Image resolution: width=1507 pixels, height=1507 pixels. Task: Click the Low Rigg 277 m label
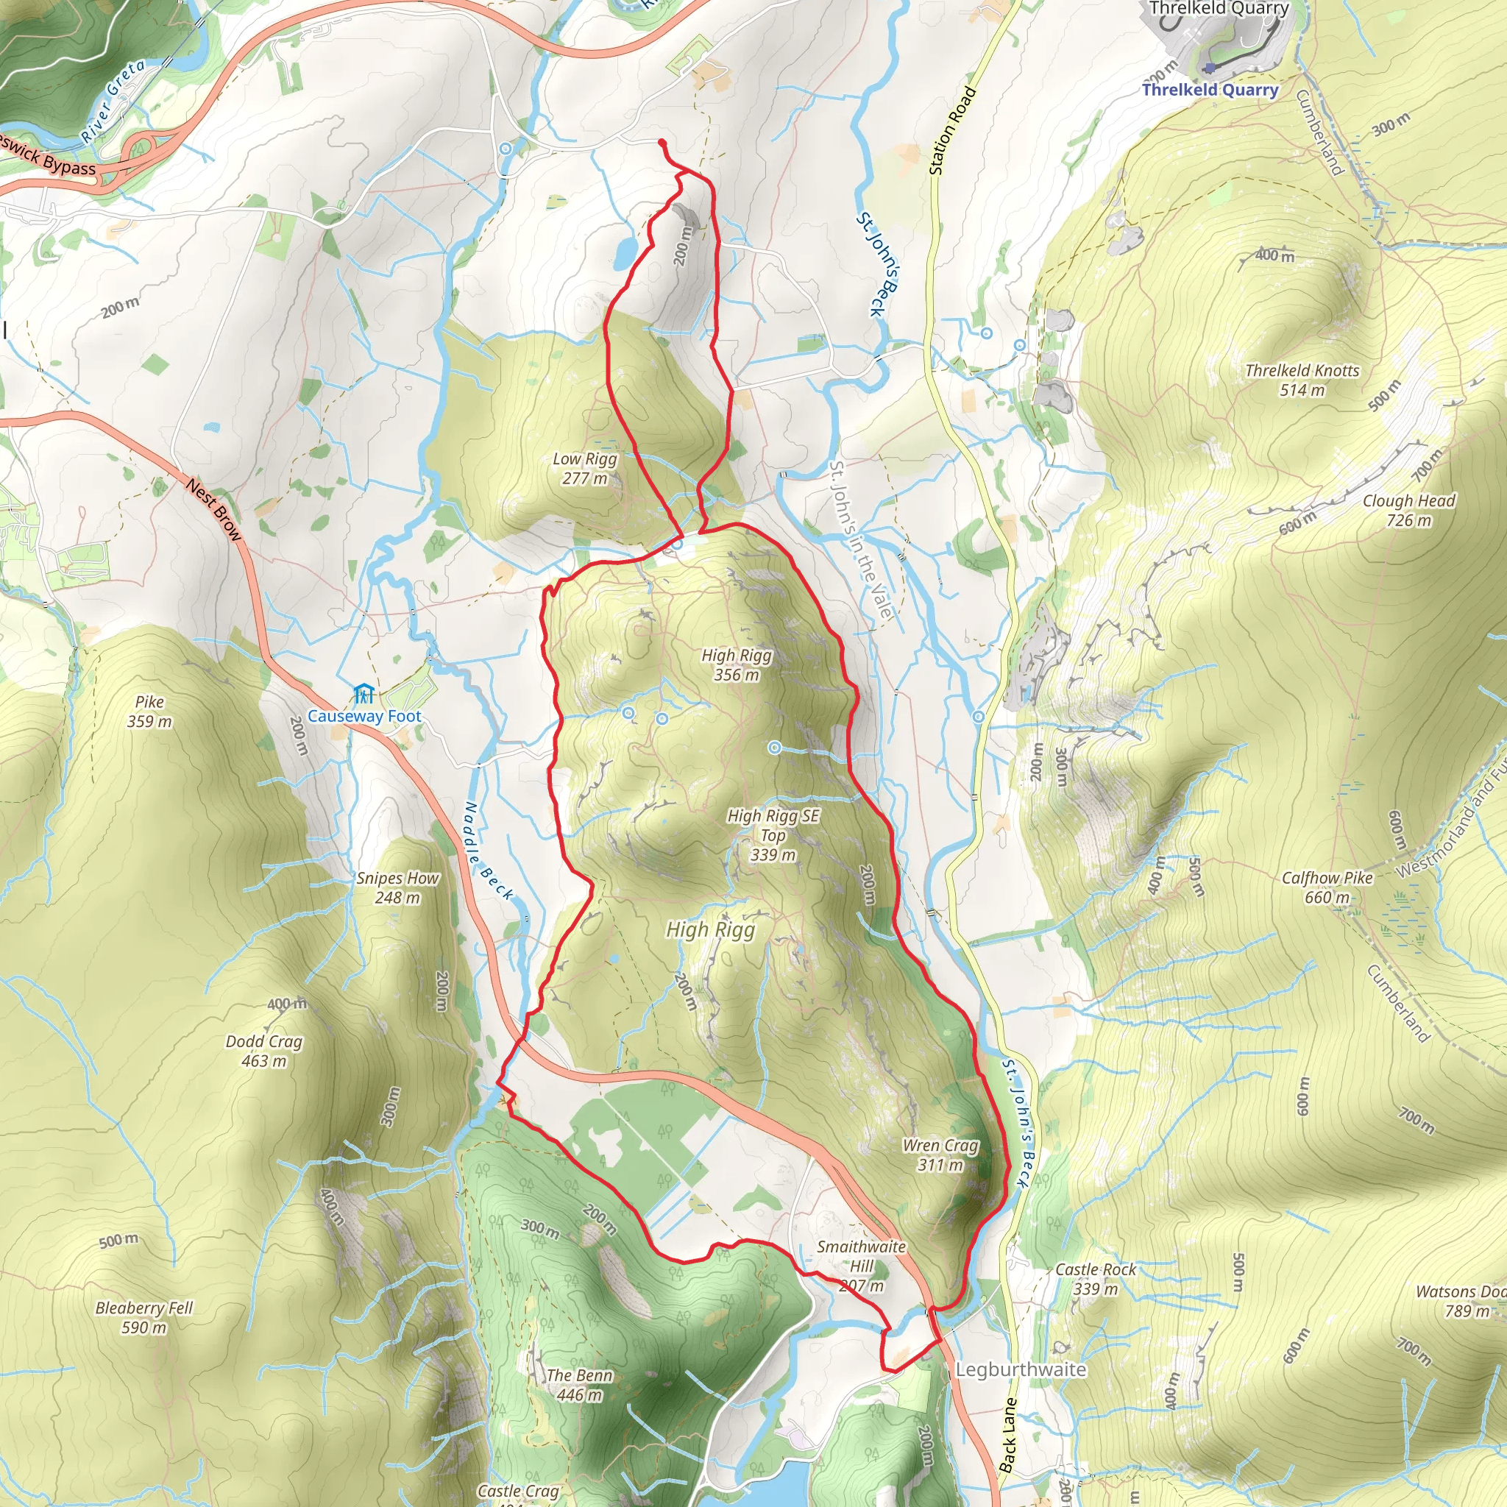point(585,469)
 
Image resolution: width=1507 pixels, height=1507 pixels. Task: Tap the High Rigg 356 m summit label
point(737,664)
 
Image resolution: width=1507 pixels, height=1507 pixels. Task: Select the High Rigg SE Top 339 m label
point(773,834)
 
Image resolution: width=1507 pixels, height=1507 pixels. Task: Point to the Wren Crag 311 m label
point(940,1155)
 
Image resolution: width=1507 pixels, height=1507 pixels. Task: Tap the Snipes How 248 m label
point(398,887)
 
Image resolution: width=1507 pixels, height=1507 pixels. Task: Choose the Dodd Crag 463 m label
point(263,1051)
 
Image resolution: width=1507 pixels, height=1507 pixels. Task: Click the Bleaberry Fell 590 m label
point(143,1317)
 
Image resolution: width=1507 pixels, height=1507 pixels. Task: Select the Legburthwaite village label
point(1021,1369)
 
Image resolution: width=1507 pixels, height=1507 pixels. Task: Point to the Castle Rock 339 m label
point(1095,1279)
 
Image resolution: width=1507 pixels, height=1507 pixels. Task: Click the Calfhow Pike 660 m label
point(1327,887)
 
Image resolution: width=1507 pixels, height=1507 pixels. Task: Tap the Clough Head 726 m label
point(1408,510)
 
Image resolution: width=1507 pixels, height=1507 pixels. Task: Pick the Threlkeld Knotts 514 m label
point(1302,380)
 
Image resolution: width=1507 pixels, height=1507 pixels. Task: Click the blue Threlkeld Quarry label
point(1210,90)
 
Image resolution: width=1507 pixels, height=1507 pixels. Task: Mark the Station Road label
point(952,131)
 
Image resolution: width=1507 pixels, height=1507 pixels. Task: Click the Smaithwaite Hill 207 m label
point(861,1265)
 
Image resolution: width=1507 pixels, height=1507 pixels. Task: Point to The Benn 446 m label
point(580,1385)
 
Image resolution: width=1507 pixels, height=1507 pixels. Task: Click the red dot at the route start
point(662,142)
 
